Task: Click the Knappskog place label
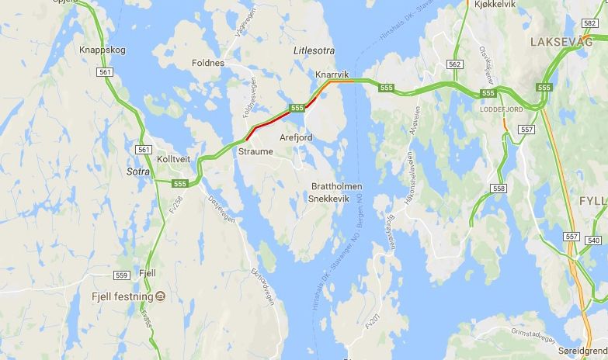pyautogui.click(x=102, y=50)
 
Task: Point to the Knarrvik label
pyautogui.click(x=333, y=74)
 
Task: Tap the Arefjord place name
pyautogui.click(x=296, y=137)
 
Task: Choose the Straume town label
pyautogui.click(x=255, y=151)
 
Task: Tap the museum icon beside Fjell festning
pyautogui.click(x=159, y=296)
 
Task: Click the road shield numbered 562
pyautogui.click(x=455, y=64)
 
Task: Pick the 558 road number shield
pyautogui.click(x=499, y=189)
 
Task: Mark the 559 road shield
pyautogui.click(x=121, y=275)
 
